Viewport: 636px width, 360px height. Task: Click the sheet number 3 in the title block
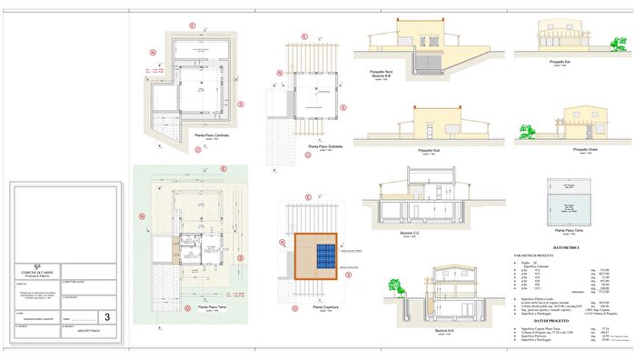(108, 317)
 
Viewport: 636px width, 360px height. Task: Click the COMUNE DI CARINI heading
(36, 271)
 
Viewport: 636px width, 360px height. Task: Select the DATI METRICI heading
(564, 247)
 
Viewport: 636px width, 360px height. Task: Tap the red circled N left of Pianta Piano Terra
(141, 217)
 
